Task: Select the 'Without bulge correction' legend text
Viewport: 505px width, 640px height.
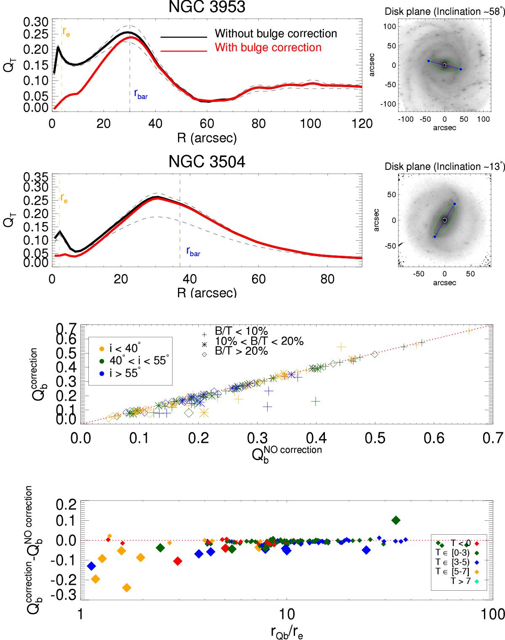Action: [x=276, y=34]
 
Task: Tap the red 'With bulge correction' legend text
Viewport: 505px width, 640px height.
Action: [x=268, y=47]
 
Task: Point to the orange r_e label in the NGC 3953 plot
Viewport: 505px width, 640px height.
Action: [x=66, y=31]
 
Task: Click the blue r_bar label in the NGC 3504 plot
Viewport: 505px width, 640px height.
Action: [x=193, y=252]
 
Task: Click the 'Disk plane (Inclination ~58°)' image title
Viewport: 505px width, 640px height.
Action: [x=444, y=11]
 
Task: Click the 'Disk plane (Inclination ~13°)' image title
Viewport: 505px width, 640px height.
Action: [x=444, y=166]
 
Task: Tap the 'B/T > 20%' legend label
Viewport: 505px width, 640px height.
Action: [x=241, y=351]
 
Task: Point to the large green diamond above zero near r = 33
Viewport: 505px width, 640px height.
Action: [x=396, y=520]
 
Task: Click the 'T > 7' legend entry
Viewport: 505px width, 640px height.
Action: [x=460, y=581]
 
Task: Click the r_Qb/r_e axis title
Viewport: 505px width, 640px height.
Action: [x=287, y=632]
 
